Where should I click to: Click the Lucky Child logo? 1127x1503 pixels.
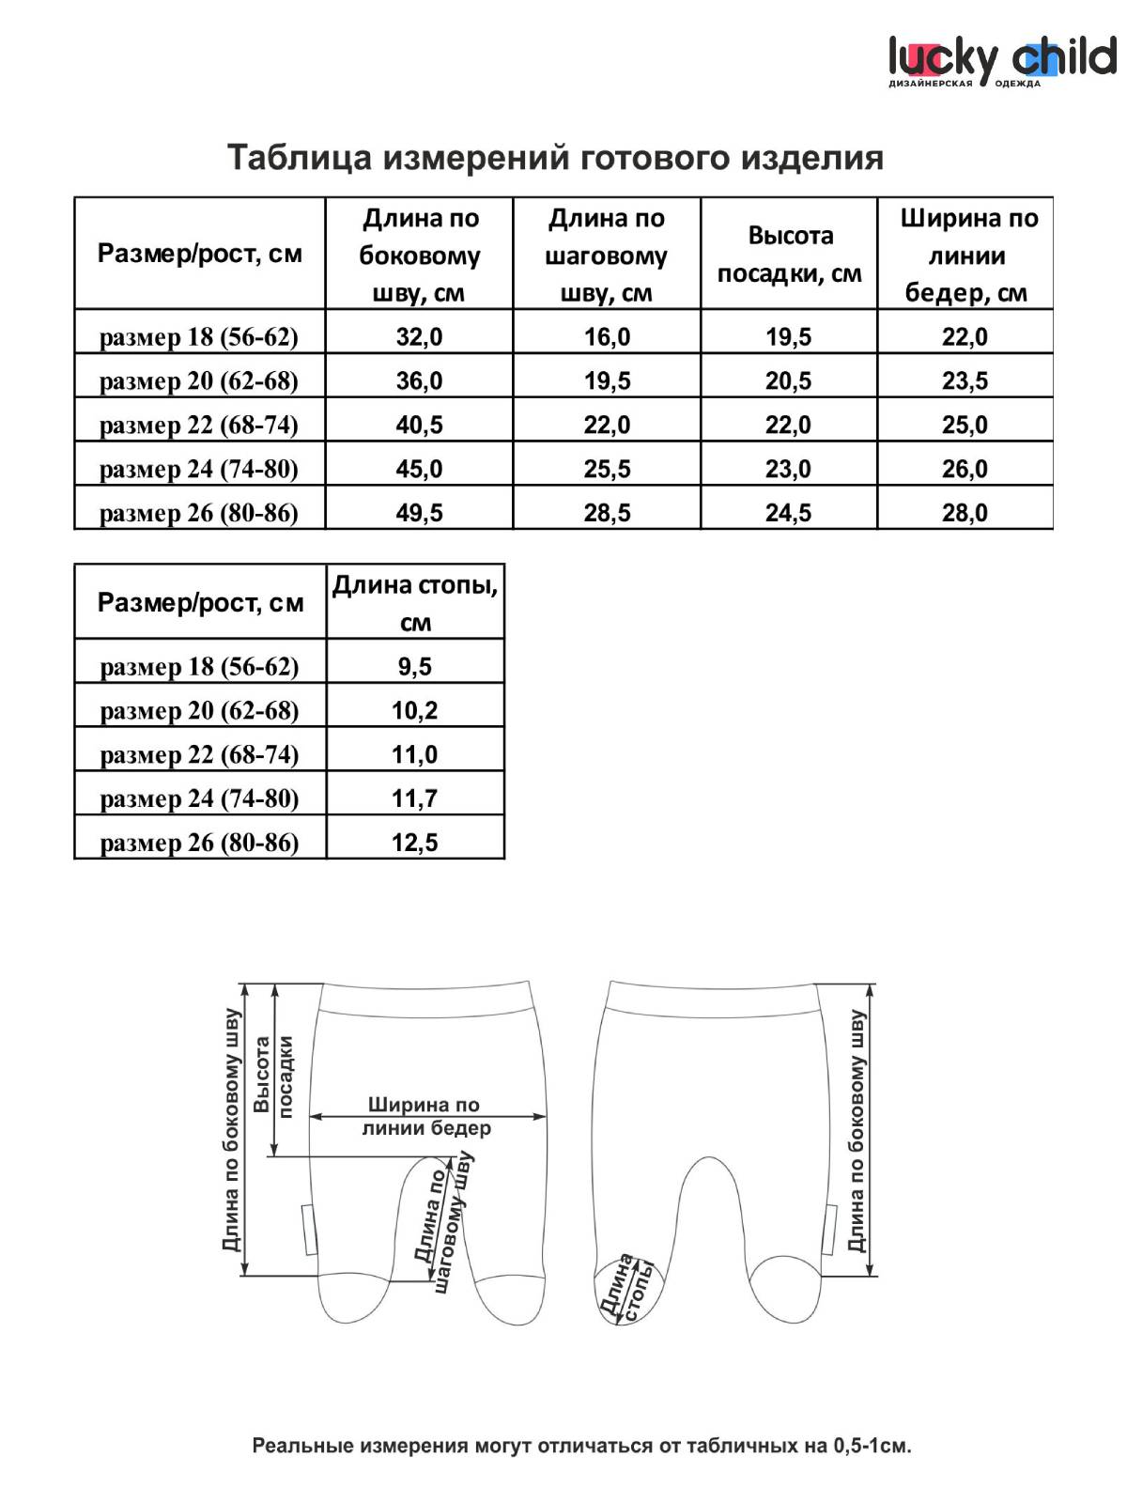pos(1001,60)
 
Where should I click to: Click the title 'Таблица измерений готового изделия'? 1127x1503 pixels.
pos(555,157)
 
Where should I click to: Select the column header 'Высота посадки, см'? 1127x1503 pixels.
pos(789,254)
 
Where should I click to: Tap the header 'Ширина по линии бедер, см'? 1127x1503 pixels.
pos(966,255)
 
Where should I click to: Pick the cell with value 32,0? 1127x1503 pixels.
pos(419,336)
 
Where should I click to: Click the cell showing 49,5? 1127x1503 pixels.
pos(419,513)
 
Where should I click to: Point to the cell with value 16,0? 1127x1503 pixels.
pos(607,336)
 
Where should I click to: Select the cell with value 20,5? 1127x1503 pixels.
pos(788,380)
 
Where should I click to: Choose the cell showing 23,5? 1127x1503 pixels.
pos(965,380)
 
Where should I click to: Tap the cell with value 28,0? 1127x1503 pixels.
pos(965,513)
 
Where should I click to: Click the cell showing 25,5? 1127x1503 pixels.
pos(607,469)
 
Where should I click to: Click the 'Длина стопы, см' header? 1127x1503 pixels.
pos(415,603)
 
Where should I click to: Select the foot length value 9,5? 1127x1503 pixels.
pos(414,667)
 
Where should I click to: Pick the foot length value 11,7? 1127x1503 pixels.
pos(414,799)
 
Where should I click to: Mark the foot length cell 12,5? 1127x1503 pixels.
pos(414,843)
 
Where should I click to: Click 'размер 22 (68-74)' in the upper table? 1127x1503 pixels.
pos(199,425)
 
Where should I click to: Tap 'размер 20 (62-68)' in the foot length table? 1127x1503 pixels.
pos(199,711)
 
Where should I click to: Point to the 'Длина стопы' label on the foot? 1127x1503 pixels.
pos(626,1288)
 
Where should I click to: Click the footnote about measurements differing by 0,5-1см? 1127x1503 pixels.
pos(581,1446)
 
